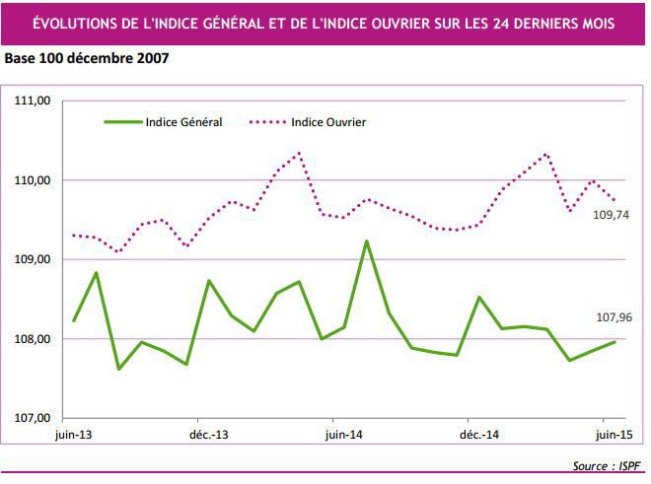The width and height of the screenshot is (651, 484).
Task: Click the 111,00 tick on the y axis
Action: pos(31,101)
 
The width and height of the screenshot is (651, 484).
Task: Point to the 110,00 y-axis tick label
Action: pos(31,180)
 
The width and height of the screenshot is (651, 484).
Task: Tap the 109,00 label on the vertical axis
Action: pos(31,259)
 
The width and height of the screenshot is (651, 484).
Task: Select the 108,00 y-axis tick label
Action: pos(31,339)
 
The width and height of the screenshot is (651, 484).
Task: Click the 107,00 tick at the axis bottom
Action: pos(31,418)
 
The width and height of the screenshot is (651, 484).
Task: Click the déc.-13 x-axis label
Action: pos(208,434)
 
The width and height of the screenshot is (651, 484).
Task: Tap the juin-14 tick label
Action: pos(341,434)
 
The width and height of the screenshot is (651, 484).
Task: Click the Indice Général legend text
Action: pos(183,122)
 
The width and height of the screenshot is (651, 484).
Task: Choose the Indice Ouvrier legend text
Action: pos(329,122)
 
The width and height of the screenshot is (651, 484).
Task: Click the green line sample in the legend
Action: pos(122,122)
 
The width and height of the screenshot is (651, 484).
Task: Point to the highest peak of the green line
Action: pos(366,242)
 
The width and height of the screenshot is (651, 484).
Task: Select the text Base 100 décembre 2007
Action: pos(87,58)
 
